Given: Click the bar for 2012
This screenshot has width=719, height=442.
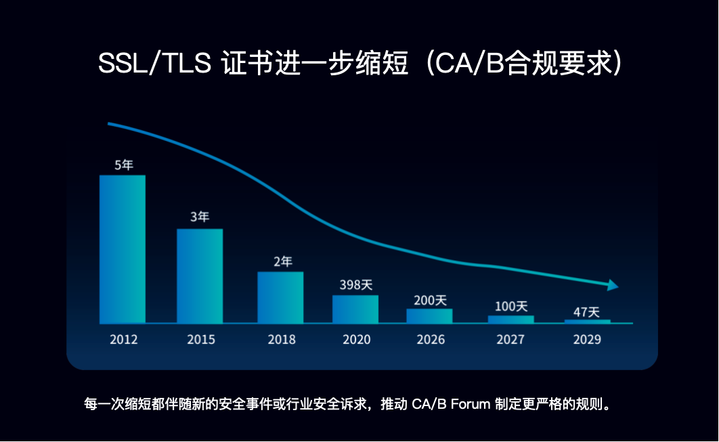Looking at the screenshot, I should click(123, 249).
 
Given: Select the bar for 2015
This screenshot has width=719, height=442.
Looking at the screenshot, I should click(200, 276).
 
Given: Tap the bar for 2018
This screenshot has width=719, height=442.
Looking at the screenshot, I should click(280, 298).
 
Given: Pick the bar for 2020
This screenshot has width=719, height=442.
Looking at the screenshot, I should click(355, 309).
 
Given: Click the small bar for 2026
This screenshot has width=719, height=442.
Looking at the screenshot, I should click(429, 316).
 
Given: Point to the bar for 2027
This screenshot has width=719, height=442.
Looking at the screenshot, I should click(511, 319).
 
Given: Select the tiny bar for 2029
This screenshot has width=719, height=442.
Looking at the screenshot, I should click(587, 321).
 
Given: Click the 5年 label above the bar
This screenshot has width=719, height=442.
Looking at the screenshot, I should click(123, 165).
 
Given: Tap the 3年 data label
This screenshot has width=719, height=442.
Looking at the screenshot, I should click(200, 218).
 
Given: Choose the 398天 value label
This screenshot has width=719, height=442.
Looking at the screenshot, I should click(356, 284).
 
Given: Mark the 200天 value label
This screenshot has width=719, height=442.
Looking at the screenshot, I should click(430, 299).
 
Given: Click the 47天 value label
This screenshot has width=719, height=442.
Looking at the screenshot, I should click(586, 312).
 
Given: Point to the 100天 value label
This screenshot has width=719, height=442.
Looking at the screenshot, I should click(511, 306).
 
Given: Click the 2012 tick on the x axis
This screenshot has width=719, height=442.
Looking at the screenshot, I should click(123, 339).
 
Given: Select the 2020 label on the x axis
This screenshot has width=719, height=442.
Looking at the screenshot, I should click(356, 339).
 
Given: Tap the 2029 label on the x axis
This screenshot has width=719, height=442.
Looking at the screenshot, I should click(586, 339).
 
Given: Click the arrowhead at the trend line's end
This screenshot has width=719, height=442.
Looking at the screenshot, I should click(613, 285).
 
